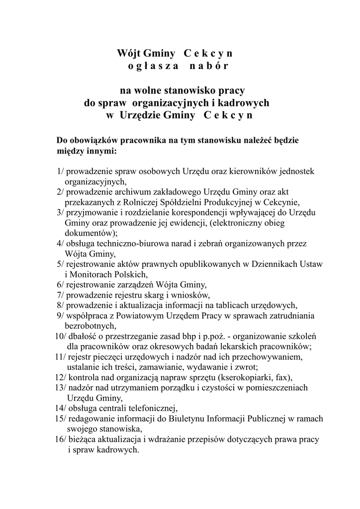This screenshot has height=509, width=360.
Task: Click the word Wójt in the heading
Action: click(x=129, y=53)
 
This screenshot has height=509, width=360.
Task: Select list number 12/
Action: click(x=61, y=377)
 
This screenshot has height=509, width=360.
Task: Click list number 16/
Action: click(x=61, y=440)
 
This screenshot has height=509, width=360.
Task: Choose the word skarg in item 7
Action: click(x=141, y=295)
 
